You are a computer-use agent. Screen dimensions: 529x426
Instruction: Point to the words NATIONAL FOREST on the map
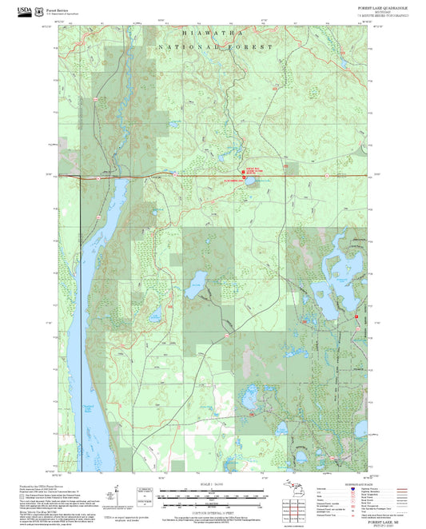[215, 48]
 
